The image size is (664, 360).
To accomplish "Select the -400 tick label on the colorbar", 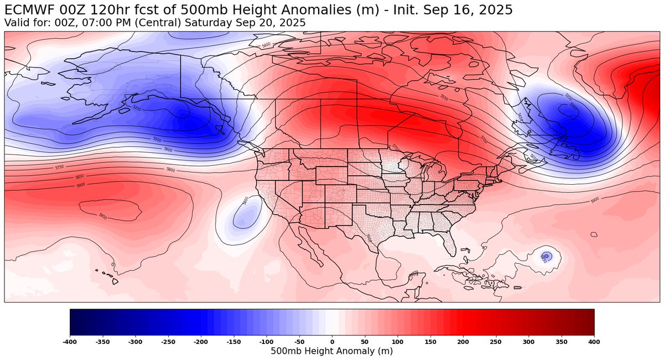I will (x=70, y=343).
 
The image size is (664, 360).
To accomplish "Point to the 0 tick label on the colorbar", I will (x=332, y=343).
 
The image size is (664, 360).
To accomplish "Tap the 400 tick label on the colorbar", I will (x=594, y=343).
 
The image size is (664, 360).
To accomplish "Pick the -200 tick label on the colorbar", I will (x=201, y=343).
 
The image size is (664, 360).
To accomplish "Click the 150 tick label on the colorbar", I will (x=430, y=343).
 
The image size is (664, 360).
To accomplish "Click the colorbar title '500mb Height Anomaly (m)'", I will (x=332, y=352).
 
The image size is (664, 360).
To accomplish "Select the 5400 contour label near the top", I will (x=266, y=45).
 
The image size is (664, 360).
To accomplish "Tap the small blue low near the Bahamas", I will (x=546, y=256).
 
